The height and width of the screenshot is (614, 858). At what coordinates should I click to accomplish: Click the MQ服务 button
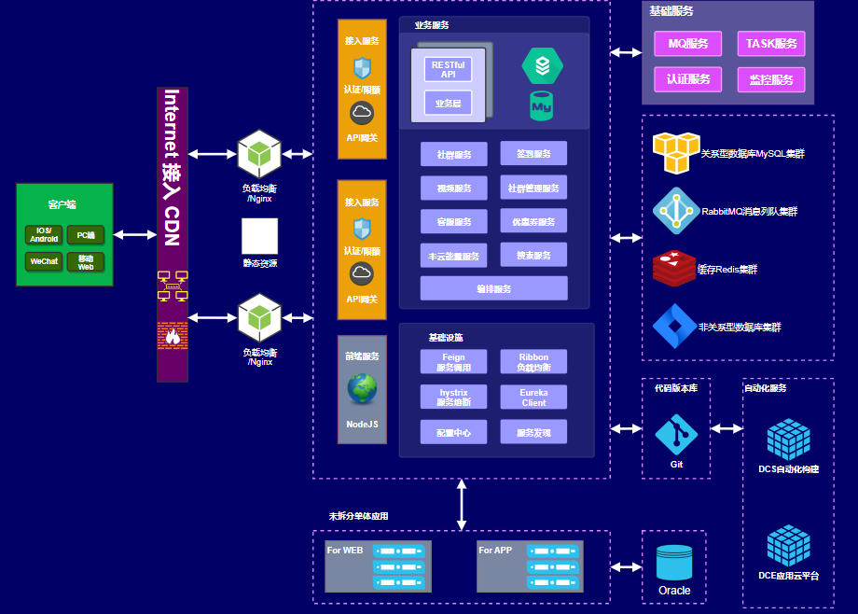pyautogui.click(x=688, y=44)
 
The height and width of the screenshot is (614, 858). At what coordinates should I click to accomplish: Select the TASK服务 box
pyautogui.click(x=770, y=44)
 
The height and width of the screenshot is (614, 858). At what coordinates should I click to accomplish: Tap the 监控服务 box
pyautogui.click(x=770, y=79)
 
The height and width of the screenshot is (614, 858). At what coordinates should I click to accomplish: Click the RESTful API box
pyautogui.click(x=448, y=69)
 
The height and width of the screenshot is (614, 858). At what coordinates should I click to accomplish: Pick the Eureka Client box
pyautogui.click(x=533, y=398)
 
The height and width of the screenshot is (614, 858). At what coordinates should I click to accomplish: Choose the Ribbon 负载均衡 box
pyautogui.click(x=533, y=362)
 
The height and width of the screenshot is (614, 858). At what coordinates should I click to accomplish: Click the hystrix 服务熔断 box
pyautogui.click(x=453, y=398)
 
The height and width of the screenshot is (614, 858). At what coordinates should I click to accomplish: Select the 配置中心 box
pyautogui.click(x=453, y=433)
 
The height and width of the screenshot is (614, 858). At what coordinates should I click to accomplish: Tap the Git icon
pyautogui.click(x=676, y=435)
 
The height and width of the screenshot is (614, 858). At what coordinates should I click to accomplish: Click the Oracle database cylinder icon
pyautogui.click(x=674, y=563)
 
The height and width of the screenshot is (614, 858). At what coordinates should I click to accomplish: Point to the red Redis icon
pyautogui.click(x=674, y=269)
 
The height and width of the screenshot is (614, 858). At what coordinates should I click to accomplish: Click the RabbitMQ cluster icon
pyautogui.click(x=674, y=210)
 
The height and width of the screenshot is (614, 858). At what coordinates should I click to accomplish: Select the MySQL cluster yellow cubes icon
pyautogui.click(x=675, y=153)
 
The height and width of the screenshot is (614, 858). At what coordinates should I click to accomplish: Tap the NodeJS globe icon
pyautogui.click(x=362, y=389)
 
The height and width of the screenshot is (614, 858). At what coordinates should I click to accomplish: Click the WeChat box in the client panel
pyautogui.click(x=44, y=261)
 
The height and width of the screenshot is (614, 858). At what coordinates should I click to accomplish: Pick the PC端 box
pyautogui.click(x=86, y=235)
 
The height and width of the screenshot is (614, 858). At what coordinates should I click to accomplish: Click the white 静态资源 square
pyautogui.click(x=260, y=237)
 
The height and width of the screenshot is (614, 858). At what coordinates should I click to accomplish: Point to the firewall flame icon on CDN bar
pyautogui.click(x=172, y=334)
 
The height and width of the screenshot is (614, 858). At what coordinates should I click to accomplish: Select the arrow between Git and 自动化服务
pyautogui.click(x=727, y=428)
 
